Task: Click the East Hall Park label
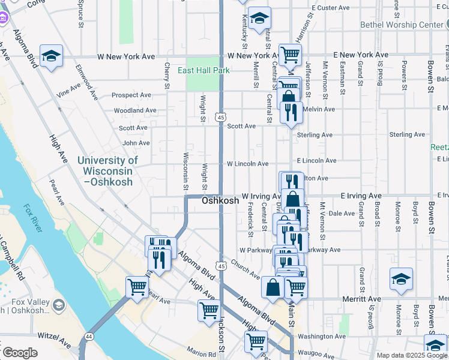(203, 70)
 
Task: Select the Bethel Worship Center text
(401, 25)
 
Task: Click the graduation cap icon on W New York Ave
(52, 56)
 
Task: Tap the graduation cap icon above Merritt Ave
(401, 279)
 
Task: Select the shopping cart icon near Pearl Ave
(137, 287)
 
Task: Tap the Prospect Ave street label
(131, 95)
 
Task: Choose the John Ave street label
(136, 143)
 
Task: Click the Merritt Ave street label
(363, 299)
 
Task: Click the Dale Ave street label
(342, 213)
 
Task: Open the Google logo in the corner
(20, 352)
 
